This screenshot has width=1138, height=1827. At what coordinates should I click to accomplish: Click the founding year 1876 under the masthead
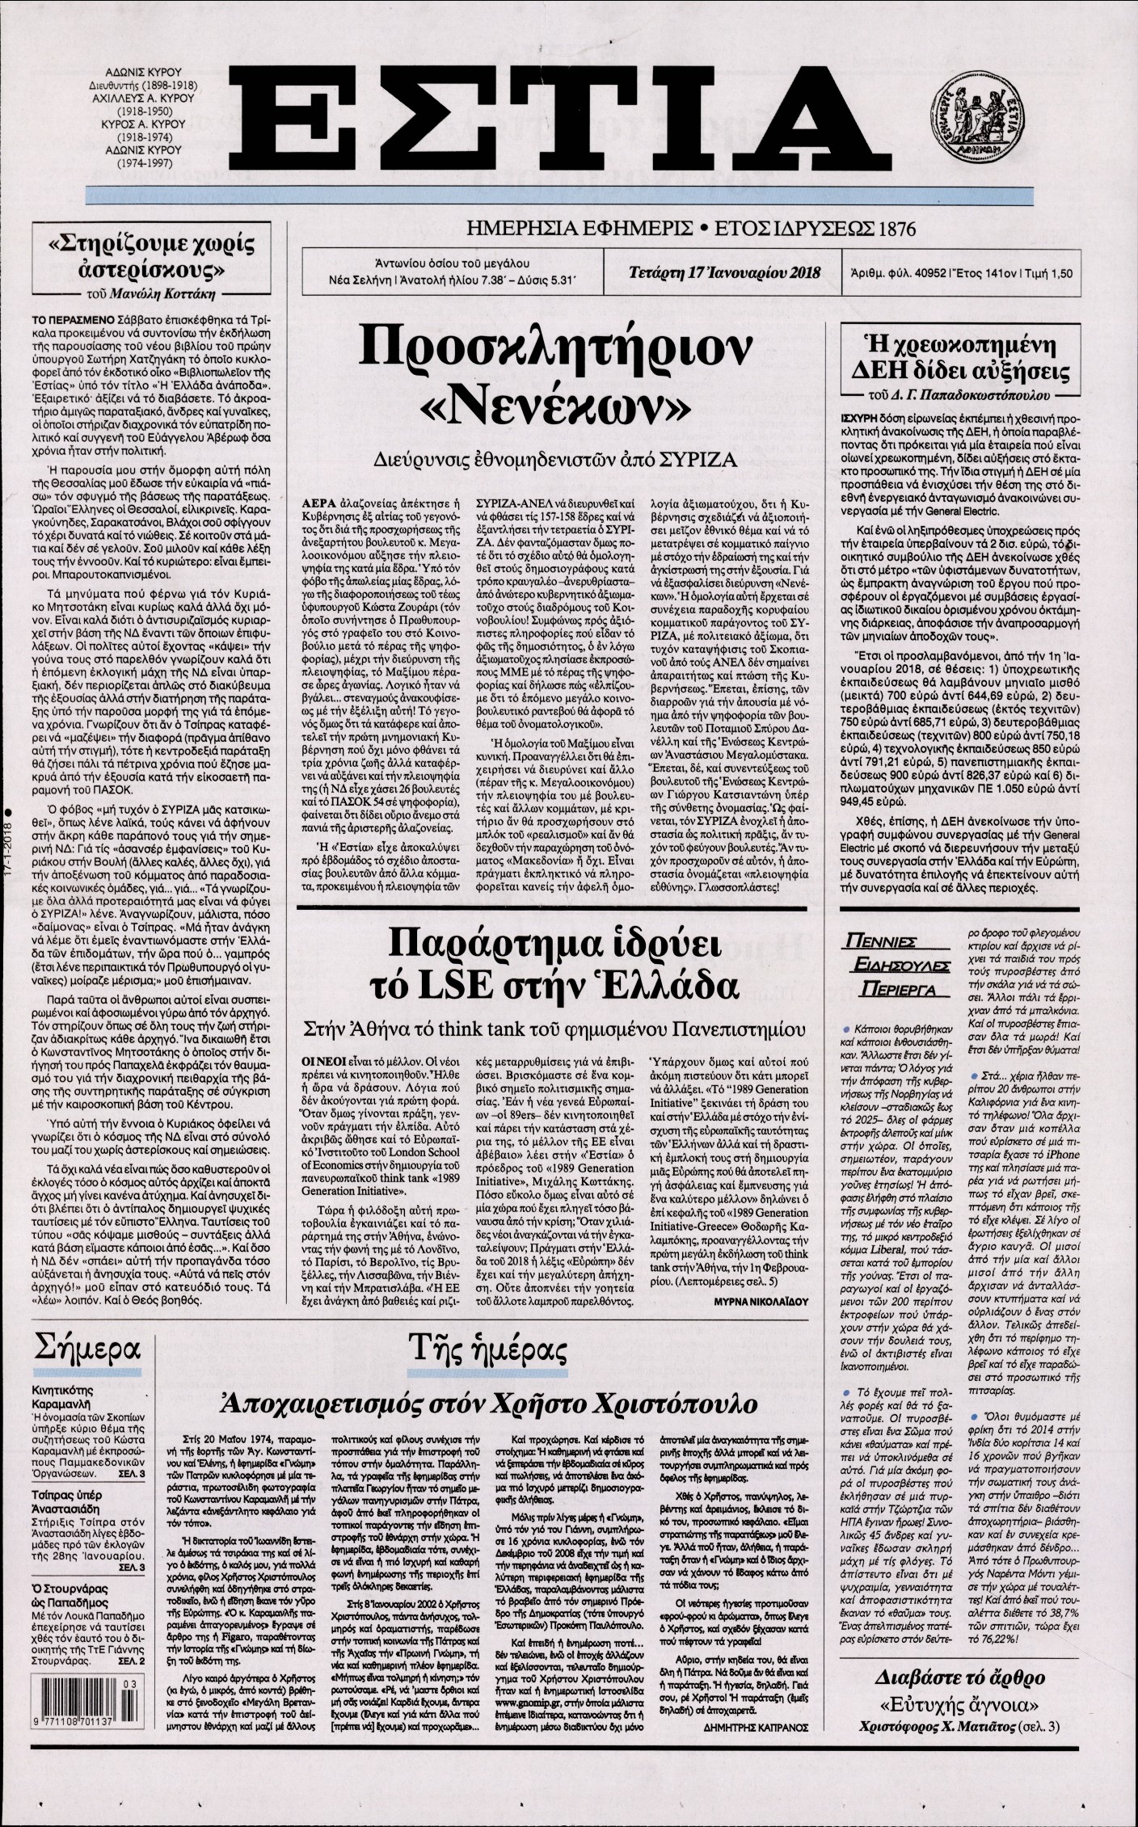(x=890, y=229)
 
